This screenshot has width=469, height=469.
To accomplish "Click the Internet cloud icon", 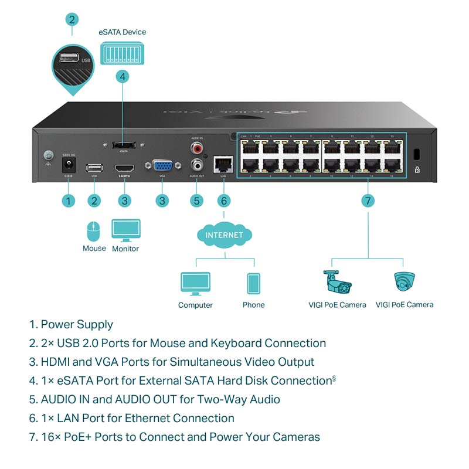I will click(224, 236).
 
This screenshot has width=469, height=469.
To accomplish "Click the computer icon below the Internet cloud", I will click(195, 284).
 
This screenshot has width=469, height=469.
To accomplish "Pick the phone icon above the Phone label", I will click(253, 284).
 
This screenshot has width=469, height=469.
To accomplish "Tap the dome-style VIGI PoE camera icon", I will click(405, 282).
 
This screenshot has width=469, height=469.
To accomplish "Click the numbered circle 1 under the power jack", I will click(69, 200).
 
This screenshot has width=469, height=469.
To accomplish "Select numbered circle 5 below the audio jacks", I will click(197, 200).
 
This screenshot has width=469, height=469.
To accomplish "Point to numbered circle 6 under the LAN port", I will click(223, 200).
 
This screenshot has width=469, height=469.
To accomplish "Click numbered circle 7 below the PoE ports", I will click(368, 200).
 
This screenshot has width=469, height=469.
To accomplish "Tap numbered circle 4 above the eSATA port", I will click(122, 76).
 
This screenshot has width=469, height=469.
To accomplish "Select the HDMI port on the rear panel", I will click(124, 168).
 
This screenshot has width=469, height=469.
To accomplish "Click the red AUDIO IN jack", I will click(197, 148).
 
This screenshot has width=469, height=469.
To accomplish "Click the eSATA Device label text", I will click(122, 32).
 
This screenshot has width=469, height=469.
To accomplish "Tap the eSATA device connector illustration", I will click(122, 55).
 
